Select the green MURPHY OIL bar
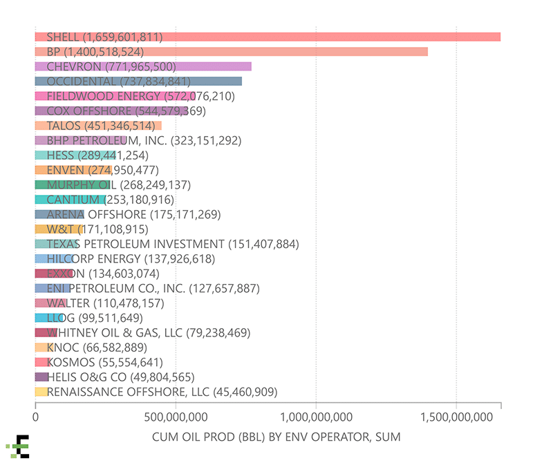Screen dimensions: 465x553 73,184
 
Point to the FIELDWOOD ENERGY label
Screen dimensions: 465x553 140,96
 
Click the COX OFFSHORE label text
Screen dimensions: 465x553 126,111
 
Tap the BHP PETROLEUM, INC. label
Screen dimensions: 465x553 143,140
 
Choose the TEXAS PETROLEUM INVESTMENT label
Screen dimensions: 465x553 164,244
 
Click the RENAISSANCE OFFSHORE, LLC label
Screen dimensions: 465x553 162,392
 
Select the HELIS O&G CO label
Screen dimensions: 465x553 120,377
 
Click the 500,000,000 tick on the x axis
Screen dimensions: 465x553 176,417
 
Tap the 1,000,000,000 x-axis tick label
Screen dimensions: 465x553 315,417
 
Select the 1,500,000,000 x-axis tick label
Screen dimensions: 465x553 456,417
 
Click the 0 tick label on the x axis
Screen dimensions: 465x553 35,417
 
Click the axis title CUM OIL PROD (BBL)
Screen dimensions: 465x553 275,437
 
